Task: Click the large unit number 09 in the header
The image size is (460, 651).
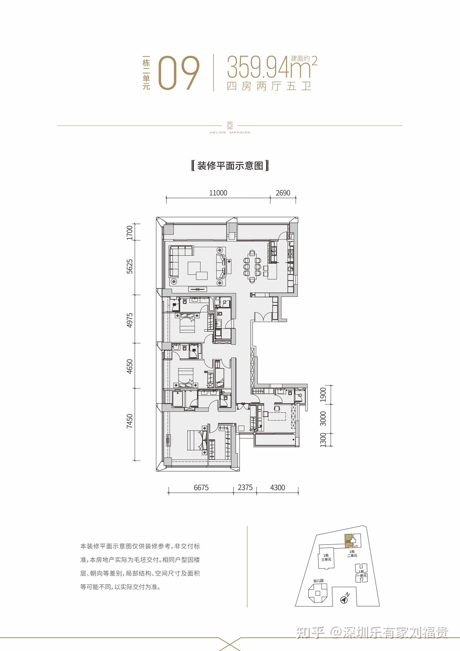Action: pyautogui.click(x=179, y=73)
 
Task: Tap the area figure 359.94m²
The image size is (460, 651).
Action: pyautogui.click(x=272, y=67)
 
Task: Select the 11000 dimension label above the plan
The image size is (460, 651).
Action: pyautogui.click(x=218, y=193)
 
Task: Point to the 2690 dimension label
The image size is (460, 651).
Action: pyautogui.click(x=283, y=193)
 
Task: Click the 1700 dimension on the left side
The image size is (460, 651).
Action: pyautogui.click(x=129, y=232)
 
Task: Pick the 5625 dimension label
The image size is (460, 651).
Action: pyautogui.click(x=129, y=266)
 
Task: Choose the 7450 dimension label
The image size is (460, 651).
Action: pyautogui.click(x=129, y=421)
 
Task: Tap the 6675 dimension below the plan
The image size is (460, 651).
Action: pyautogui.click(x=201, y=488)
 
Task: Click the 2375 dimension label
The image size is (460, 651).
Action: pyautogui.click(x=245, y=488)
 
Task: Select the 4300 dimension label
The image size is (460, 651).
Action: pyautogui.click(x=277, y=488)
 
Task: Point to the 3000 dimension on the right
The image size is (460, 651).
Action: pyautogui.click(x=323, y=419)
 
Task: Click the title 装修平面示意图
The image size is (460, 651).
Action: pyautogui.click(x=230, y=166)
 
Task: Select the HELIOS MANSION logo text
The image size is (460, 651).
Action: pyautogui.click(x=230, y=132)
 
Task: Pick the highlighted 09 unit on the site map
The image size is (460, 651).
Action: pyautogui.click(x=348, y=541)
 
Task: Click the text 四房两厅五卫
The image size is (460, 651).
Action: pyautogui.click(x=269, y=86)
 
